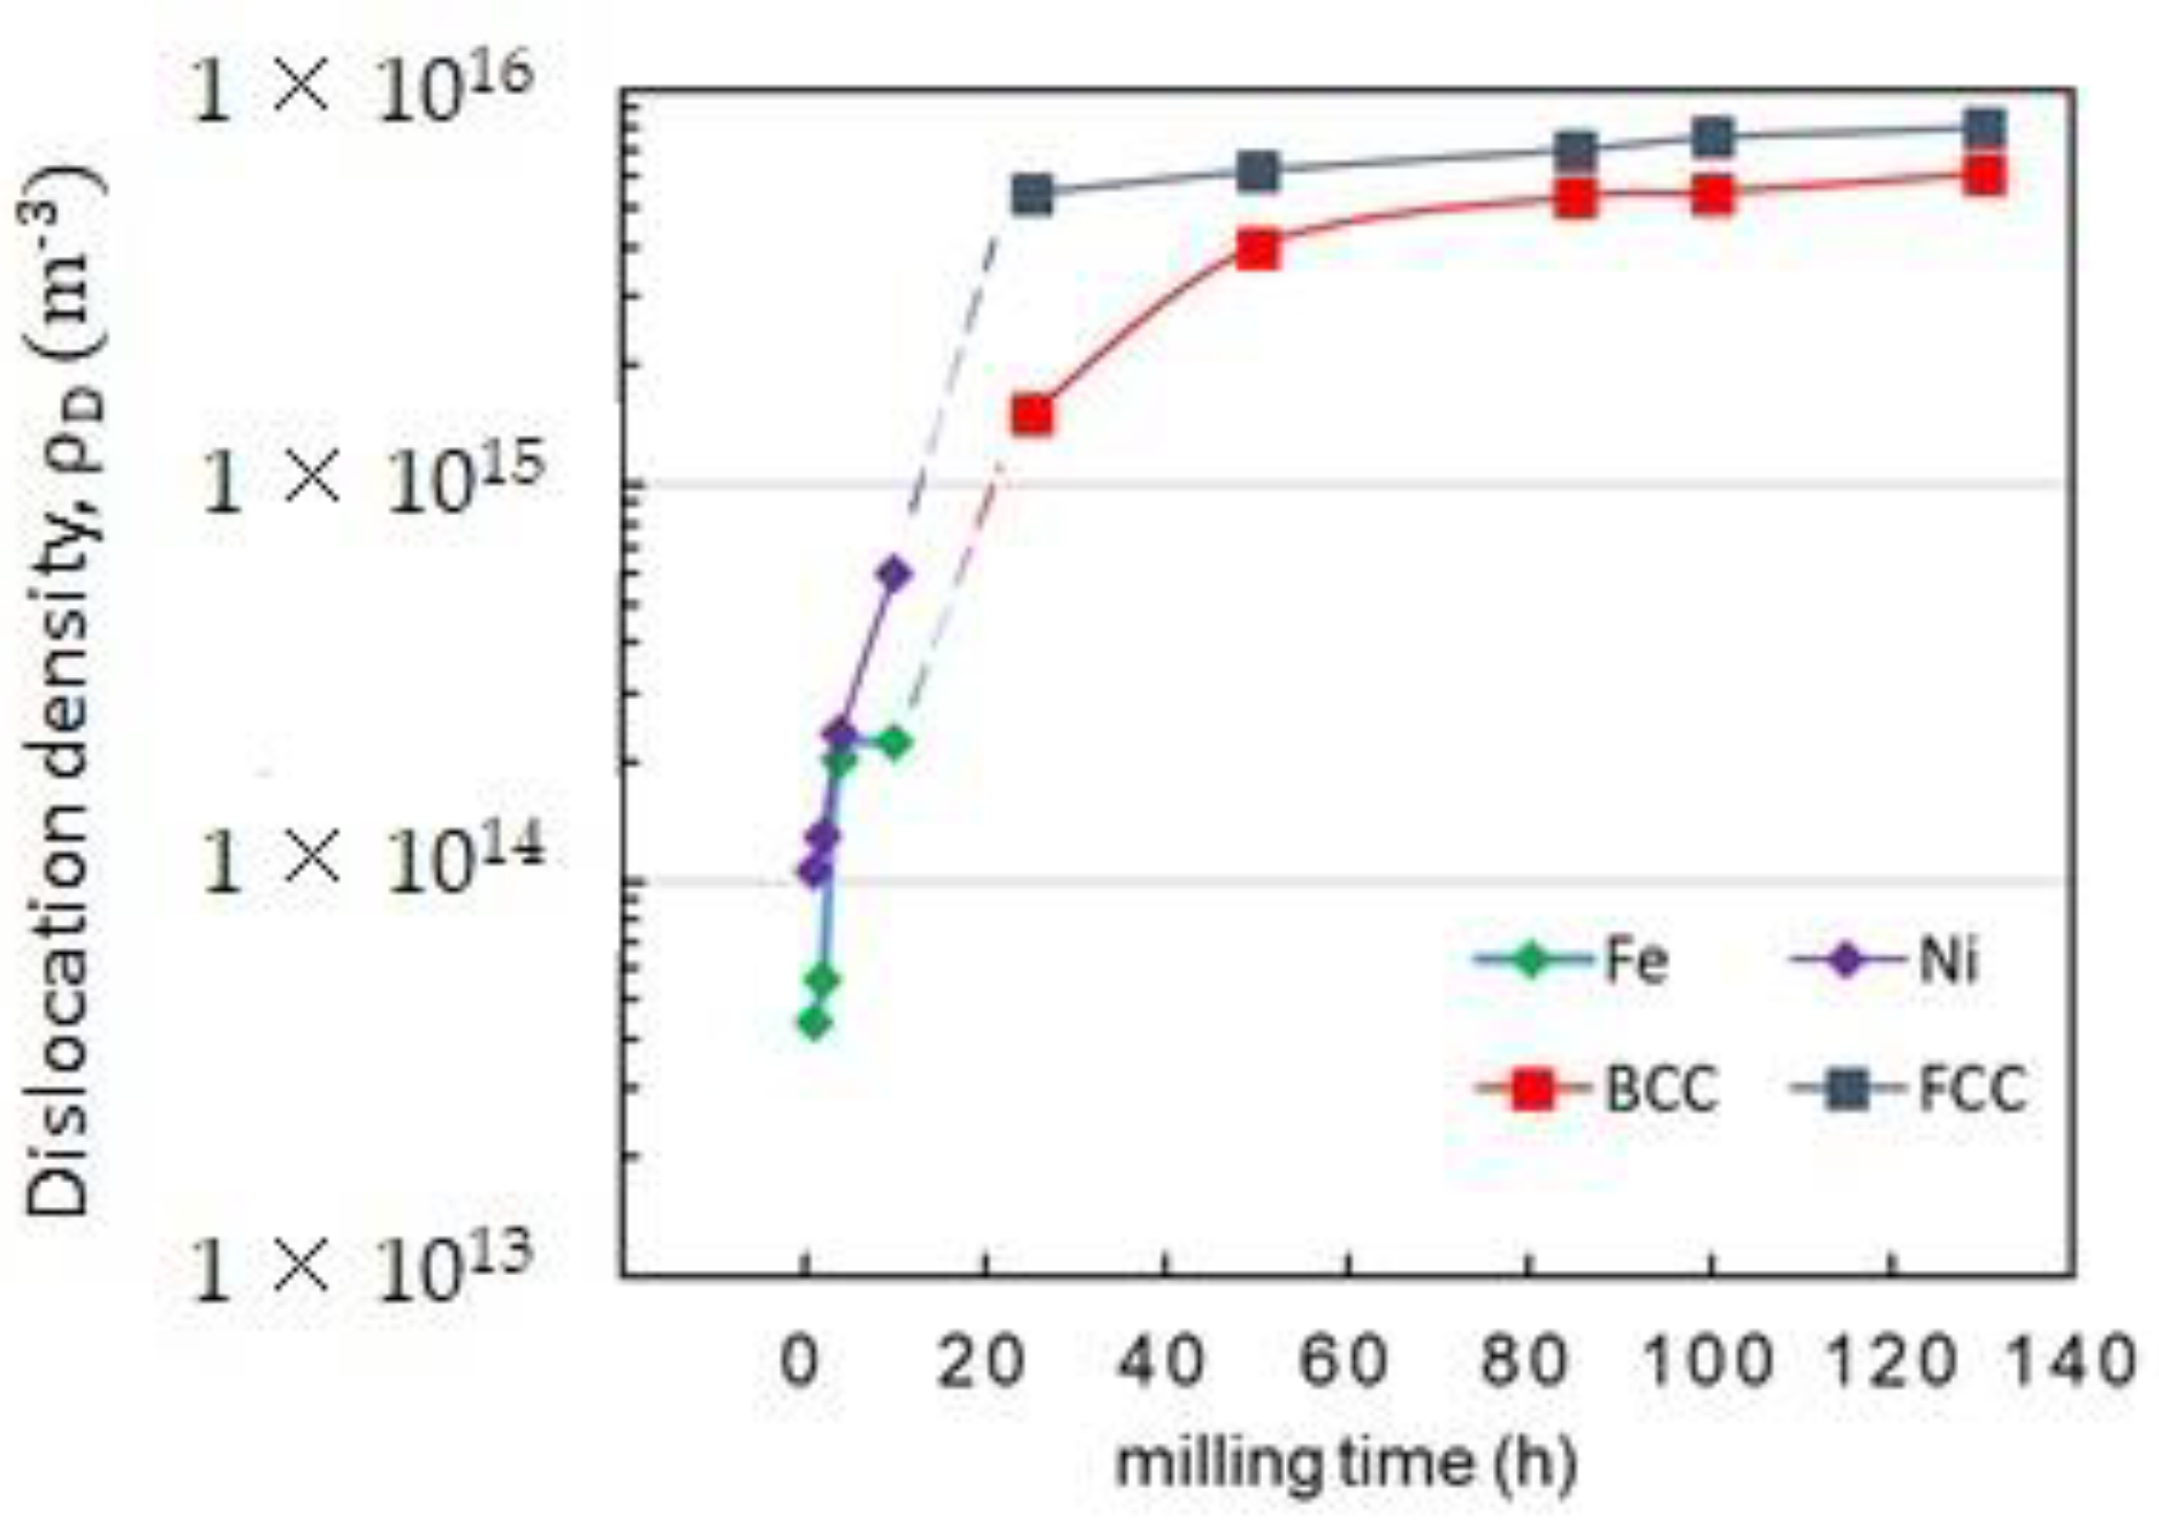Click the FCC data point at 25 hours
tap(1033, 193)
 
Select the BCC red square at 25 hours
tap(1033, 415)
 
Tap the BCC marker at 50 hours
tap(1258, 251)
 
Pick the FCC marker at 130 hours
tap(1984, 129)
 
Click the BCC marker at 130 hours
tap(1984, 176)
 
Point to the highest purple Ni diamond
tap(894, 573)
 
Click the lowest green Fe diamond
tap(815, 1023)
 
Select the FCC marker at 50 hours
tap(1258, 171)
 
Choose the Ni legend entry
tap(1885, 961)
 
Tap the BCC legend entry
tap(1599, 1089)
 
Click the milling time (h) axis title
tap(1346, 1464)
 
